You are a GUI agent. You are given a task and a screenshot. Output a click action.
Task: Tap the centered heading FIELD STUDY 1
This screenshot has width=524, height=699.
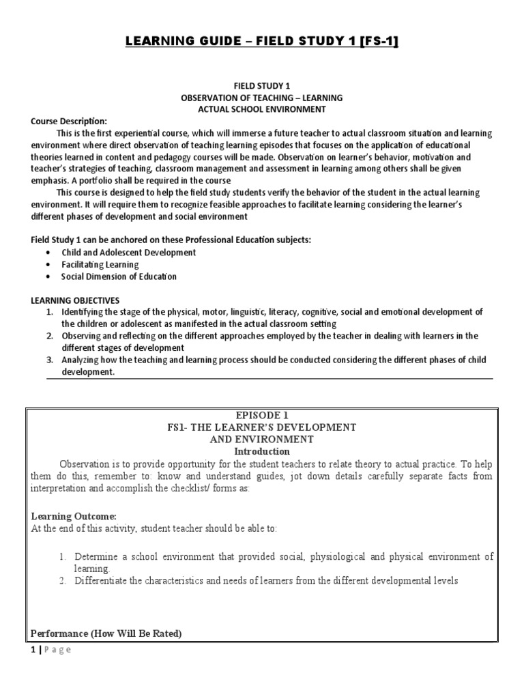[x=262, y=87]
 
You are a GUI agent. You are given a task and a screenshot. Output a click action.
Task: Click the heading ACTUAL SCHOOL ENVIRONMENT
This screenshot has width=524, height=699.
[x=262, y=109]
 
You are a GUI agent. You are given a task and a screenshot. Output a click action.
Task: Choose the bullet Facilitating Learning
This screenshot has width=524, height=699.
[x=100, y=264]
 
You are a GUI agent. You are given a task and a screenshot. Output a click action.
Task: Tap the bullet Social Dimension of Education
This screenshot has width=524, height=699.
[x=119, y=276]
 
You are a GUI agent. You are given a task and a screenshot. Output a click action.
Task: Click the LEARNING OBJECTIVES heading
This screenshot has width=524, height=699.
[x=75, y=300]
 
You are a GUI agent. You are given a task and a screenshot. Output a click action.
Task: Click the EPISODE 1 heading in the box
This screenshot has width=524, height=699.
[x=263, y=415]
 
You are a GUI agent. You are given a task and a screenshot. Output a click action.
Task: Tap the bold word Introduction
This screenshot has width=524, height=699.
[x=262, y=451]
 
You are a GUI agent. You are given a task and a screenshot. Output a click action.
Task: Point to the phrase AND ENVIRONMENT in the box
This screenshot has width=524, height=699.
[x=263, y=439]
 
